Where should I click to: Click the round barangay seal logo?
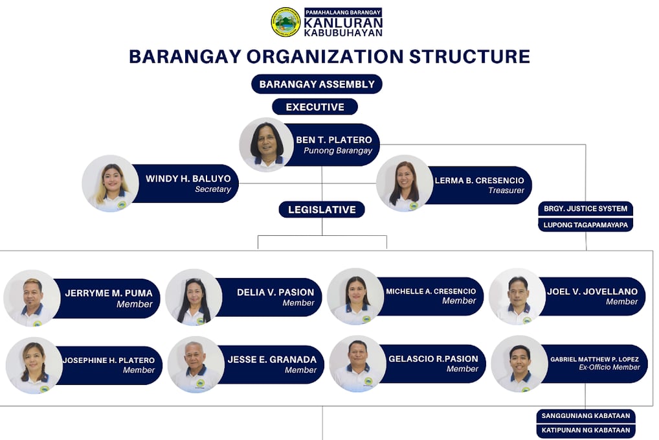[285, 22]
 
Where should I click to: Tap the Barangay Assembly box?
[317, 84]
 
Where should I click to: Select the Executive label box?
[315, 107]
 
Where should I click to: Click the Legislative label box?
[322, 209]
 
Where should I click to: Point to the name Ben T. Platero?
[333, 140]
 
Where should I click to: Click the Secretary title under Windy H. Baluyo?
[213, 189]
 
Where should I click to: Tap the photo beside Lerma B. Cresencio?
[405, 183]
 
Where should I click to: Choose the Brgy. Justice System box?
[585, 209]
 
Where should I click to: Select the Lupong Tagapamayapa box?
[585, 225]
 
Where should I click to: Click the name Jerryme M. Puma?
[109, 293]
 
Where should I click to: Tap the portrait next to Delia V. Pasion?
[194, 297]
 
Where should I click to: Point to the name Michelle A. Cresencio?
[430, 291]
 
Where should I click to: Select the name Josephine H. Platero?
[109, 360]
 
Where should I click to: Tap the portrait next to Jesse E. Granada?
[196, 365]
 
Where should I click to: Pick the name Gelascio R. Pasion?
[433, 359]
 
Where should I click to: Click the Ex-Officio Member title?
[609, 367]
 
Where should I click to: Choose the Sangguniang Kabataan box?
[586, 415]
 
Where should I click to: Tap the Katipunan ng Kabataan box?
[586, 430]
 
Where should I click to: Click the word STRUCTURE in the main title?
[469, 57]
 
